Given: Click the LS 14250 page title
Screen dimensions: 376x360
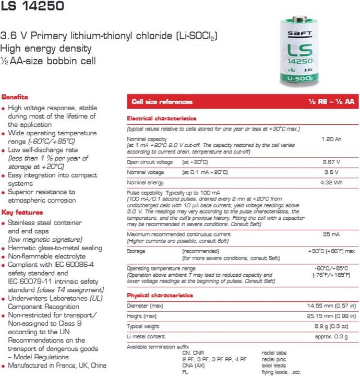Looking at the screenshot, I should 32,7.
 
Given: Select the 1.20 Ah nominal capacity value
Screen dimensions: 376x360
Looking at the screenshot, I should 331,140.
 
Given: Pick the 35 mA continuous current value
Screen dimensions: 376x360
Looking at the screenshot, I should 331,234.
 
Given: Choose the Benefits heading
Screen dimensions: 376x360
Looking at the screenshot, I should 15,97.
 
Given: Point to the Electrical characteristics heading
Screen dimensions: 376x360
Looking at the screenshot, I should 161,119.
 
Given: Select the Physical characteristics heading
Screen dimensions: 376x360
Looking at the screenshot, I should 160,295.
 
